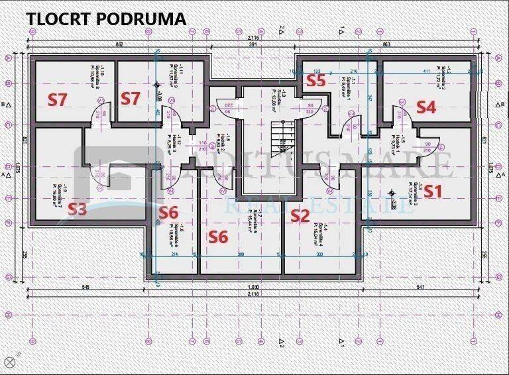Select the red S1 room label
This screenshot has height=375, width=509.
[x=433, y=191]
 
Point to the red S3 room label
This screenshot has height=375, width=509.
[x=78, y=210]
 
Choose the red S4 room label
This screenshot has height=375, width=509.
[x=425, y=107]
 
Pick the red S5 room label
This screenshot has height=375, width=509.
[x=315, y=80]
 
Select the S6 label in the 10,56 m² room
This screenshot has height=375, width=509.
[x=169, y=213]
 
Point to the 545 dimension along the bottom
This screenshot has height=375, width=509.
[x=85, y=287]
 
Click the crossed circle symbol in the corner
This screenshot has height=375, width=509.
[x=9, y=362]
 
